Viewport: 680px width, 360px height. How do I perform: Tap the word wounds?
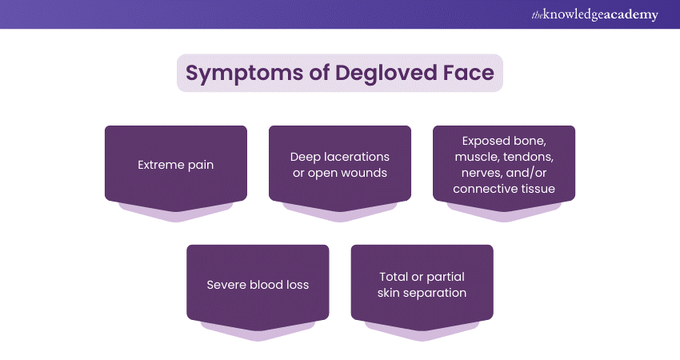tap(364, 174)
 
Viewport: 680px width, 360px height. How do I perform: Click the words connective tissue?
tap(503, 190)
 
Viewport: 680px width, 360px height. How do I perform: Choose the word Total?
tap(395, 277)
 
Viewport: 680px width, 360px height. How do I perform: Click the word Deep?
tap(306, 158)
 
